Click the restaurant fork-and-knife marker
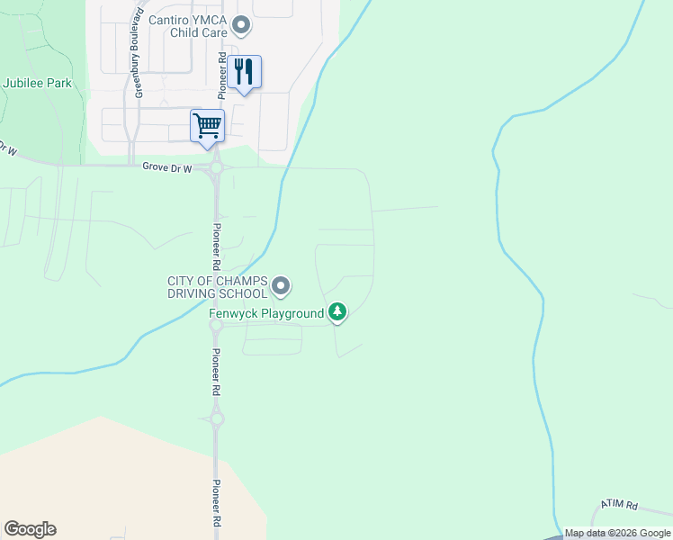pos(244,71)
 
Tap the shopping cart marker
pos(207,125)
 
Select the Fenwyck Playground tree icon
pos(337,312)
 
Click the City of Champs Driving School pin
pos(281,287)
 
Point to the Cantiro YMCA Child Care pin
pos(240,24)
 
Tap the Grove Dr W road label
pos(168,167)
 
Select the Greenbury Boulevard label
pos(139,51)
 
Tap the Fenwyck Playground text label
pos(266,313)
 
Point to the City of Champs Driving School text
pos(217,287)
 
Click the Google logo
pos(30,529)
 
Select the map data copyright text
pos(617,534)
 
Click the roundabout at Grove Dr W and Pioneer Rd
pos(216,168)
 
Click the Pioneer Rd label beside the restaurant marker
pos(221,74)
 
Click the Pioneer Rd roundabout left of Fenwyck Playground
pos(216,326)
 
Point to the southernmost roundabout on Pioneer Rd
pos(216,418)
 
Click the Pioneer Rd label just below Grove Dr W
pos(217,247)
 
